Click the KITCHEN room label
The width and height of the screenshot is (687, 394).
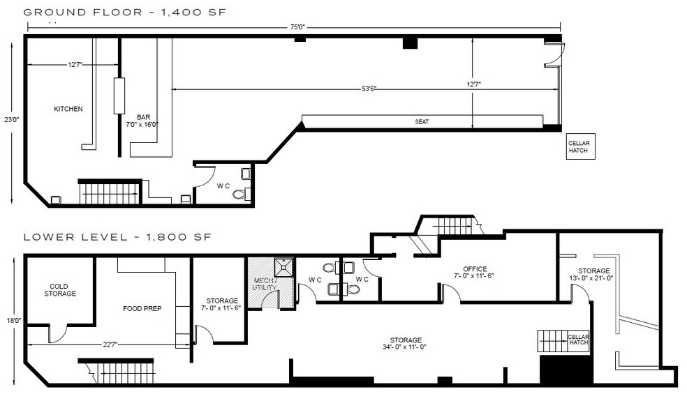tap(68, 109)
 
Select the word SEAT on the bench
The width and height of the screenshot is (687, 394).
tap(422, 121)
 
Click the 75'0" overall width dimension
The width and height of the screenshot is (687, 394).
tap(297, 27)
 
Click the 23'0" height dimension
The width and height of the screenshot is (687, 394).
tap(10, 119)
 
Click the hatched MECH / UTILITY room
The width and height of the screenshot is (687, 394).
tap(265, 283)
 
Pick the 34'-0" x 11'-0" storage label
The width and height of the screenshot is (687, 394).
tap(404, 343)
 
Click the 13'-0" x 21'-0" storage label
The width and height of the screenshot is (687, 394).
tap(593, 275)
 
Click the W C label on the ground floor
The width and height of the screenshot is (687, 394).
tap(223, 186)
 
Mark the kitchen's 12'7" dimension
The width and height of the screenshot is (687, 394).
tap(75, 65)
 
